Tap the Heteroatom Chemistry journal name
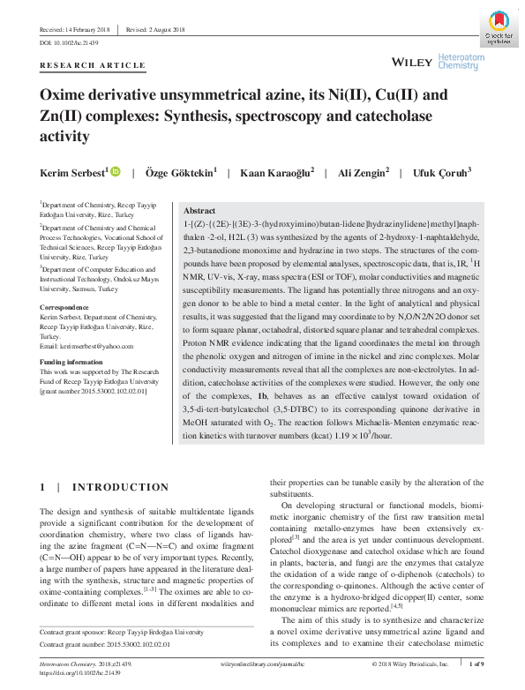[461, 60]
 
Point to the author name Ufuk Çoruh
[442, 172]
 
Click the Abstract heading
[199, 212]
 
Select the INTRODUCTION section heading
[120, 487]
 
